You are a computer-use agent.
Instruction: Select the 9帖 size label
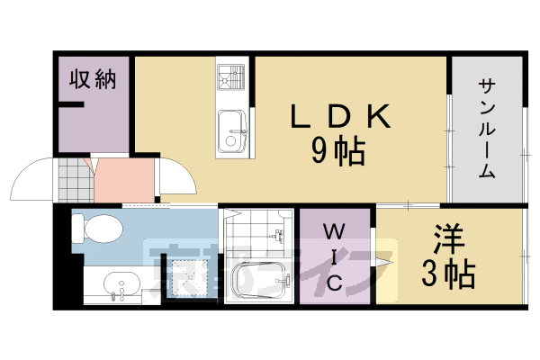tap(338, 150)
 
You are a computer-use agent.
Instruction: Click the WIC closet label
tap(333, 258)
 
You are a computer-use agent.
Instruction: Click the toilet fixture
tap(95, 229)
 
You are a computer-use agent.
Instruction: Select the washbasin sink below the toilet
tap(118, 287)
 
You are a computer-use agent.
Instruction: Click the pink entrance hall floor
tap(123, 180)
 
